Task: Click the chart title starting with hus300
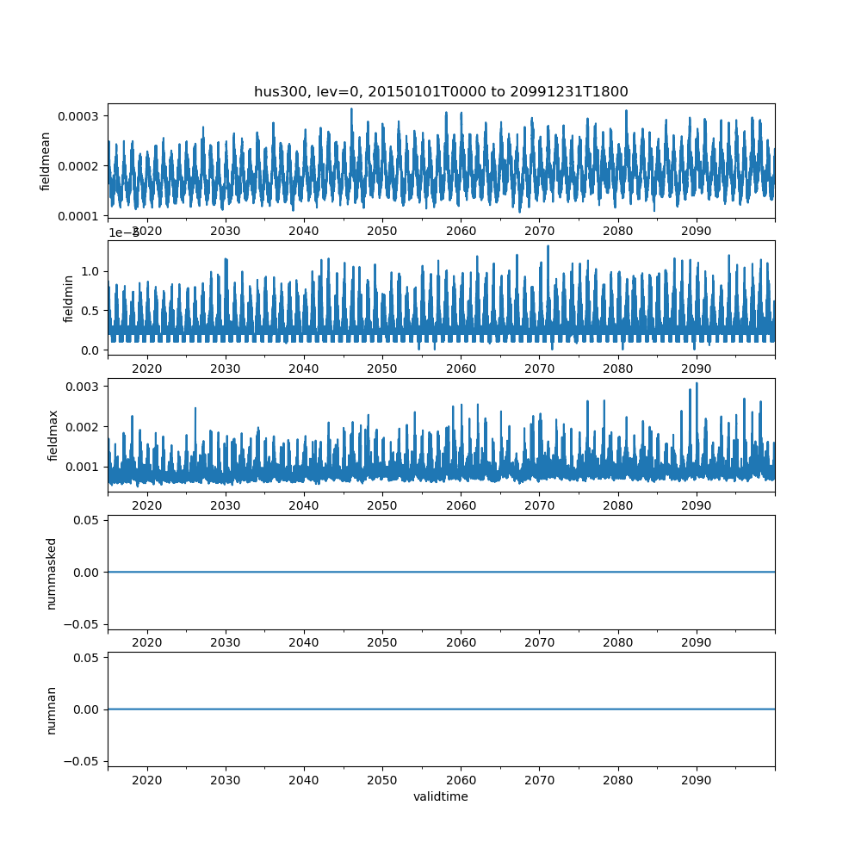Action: (x=441, y=91)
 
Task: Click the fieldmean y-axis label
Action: (x=45, y=161)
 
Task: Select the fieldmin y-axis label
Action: (x=69, y=298)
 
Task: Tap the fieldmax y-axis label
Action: (x=53, y=435)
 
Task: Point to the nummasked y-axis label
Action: (x=51, y=573)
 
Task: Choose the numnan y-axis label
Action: (x=51, y=709)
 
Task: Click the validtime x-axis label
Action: (x=441, y=796)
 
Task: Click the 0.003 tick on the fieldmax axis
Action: (x=84, y=387)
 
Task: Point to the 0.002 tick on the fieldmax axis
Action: (x=84, y=427)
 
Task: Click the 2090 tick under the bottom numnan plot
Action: (x=696, y=780)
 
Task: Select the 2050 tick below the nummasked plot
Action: (x=382, y=643)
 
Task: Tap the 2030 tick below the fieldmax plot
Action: (x=226, y=506)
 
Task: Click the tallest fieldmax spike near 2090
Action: (x=697, y=384)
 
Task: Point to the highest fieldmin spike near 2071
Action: (x=548, y=246)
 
